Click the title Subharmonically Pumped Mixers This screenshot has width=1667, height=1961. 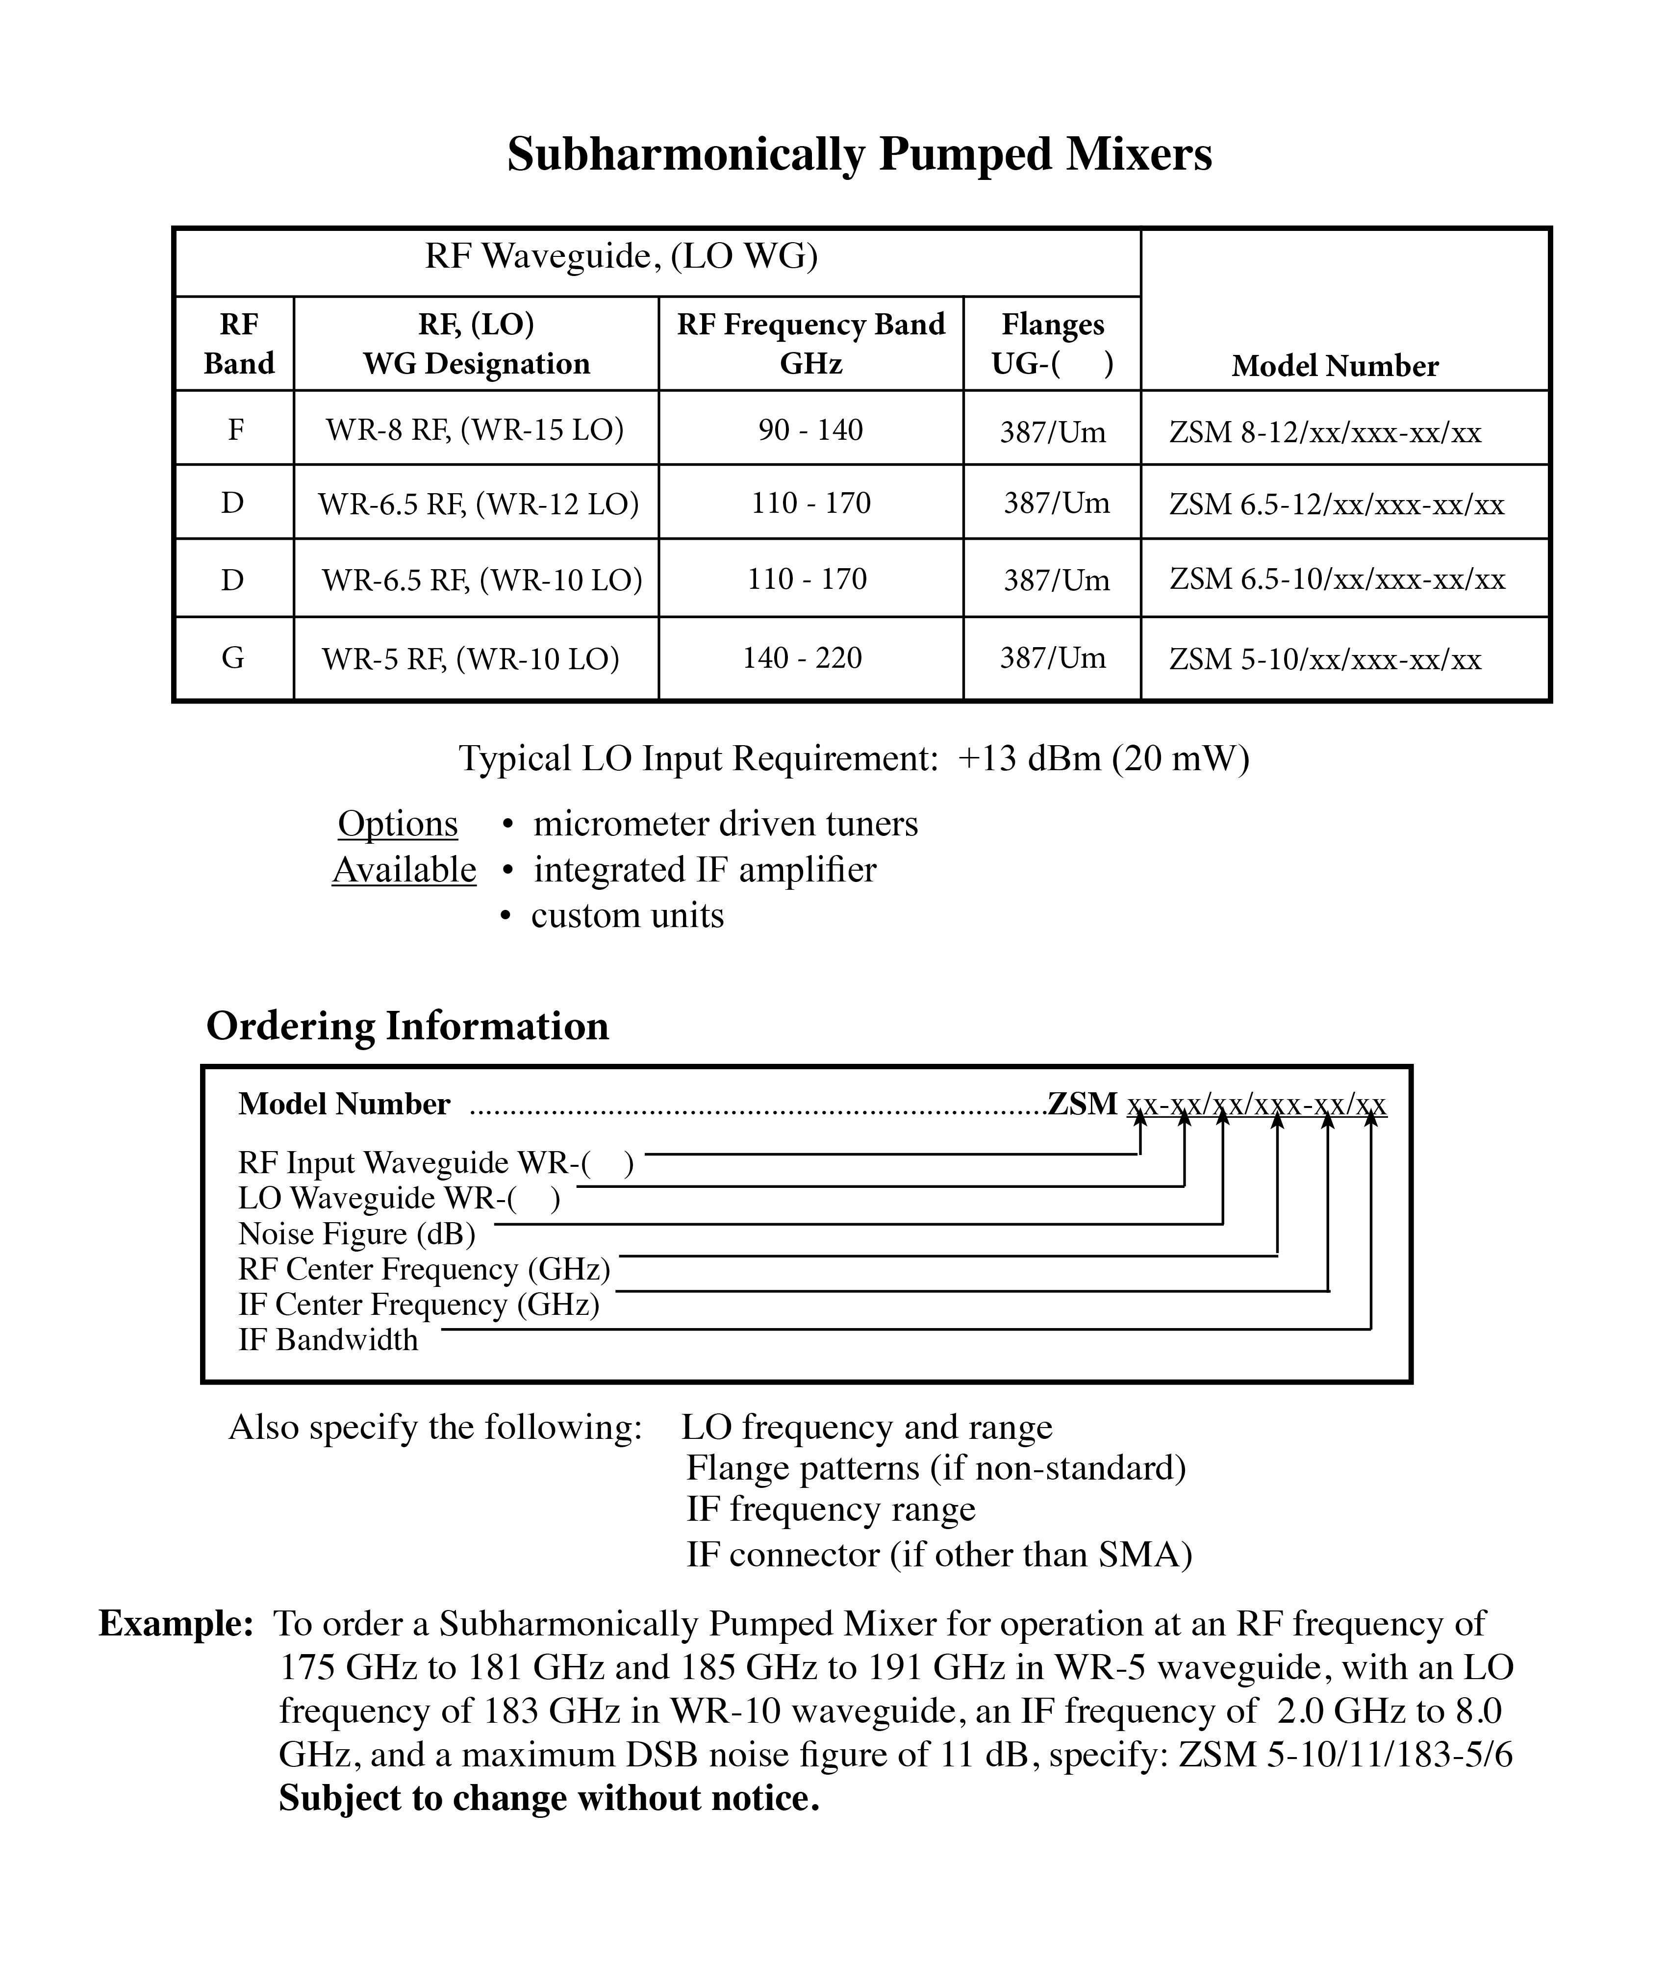point(859,154)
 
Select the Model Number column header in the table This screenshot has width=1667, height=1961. point(1335,366)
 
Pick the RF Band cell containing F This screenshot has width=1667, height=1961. point(235,430)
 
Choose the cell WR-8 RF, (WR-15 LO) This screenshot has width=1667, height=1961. point(476,430)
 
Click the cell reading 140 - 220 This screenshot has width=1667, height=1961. point(802,658)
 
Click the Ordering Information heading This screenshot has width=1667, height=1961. point(407,1026)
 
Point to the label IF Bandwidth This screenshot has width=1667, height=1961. point(328,1340)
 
